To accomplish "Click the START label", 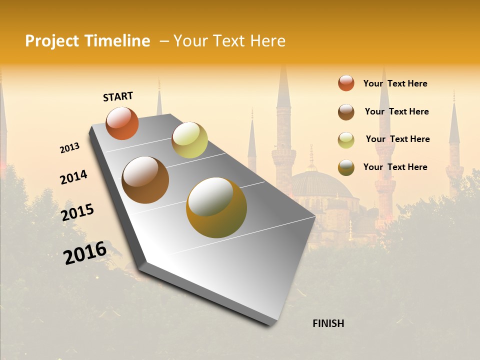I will (118, 96).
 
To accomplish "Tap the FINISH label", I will (328, 323).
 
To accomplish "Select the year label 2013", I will (70, 148).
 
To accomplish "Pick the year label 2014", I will (73, 177).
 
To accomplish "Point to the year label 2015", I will (77, 212).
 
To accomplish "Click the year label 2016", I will (85, 252).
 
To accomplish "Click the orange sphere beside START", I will (122, 123).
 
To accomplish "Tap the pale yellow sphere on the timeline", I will (189, 140).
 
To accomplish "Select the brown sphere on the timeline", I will (145, 180).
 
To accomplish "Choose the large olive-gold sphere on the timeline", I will (216, 207).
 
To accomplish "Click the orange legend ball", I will (346, 83).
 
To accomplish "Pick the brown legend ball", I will (346, 112).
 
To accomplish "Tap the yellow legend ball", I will (346, 140).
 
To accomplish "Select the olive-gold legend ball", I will (346, 167).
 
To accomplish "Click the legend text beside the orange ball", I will (395, 83).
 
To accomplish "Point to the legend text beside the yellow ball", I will (397, 139).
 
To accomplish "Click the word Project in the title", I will (52, 41).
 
